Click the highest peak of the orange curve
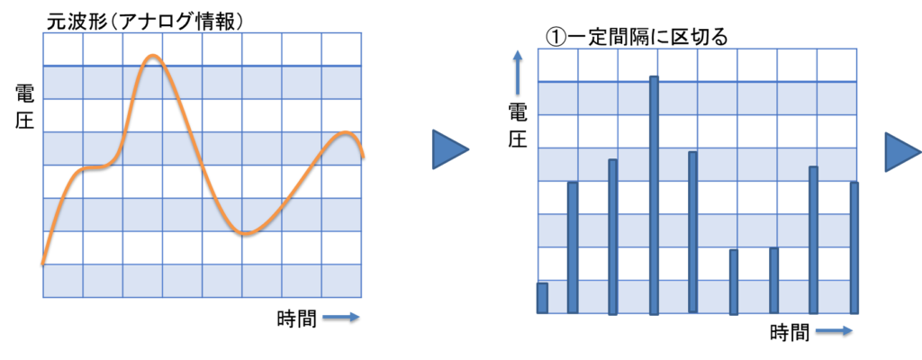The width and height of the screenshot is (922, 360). (153, 56)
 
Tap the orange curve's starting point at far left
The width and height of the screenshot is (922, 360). (43, 263)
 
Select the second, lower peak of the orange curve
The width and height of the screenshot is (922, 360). (346, 133)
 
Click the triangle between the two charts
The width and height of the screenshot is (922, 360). (448, 149)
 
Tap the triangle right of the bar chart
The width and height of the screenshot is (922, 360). (901, 152)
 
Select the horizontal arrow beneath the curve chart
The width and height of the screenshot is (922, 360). (341, 316)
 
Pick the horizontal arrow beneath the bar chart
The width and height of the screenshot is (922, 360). (834, 330)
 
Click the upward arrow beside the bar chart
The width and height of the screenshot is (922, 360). (518, 71)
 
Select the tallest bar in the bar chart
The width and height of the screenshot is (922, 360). (654, 194)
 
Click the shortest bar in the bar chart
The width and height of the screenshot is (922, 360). (542, 298)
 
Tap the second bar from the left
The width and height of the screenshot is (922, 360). (573, 247)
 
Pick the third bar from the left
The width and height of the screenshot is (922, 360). (612, 237)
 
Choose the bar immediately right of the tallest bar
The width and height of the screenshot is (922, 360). (692, 232)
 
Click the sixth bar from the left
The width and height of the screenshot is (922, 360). (734, 281)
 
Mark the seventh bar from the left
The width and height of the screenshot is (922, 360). (773, 280)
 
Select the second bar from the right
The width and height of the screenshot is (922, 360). (813, 239)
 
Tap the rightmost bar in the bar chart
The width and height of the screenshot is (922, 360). (854, 247)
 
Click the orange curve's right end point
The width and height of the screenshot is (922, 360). (363, 157)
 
